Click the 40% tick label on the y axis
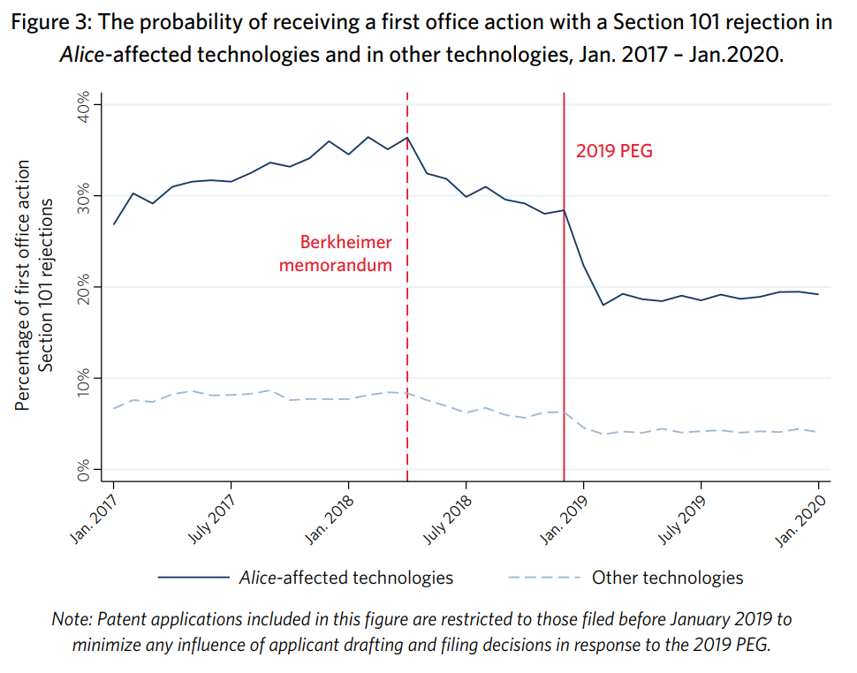[x=85, y=105]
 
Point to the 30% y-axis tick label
[x=85, y=196]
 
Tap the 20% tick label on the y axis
[x=85, y=287]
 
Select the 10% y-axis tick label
[x=85, y=378]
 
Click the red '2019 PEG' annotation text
[x=614, y=151]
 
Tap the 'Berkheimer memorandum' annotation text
[x=336, y=253]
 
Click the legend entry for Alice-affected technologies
[x=345, y=578]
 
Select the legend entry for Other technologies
[x=667, y=578]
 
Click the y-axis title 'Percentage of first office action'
[x=24, y=285]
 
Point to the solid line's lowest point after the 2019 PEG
[x=603, y=305]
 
